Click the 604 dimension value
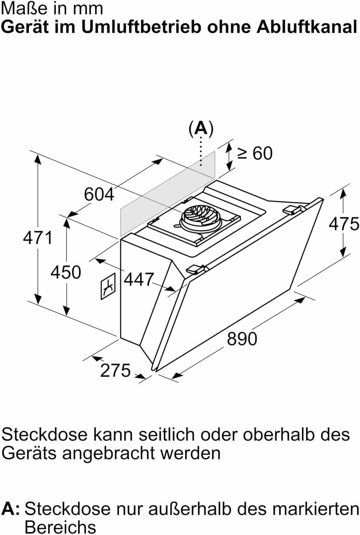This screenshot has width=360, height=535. (99, 194)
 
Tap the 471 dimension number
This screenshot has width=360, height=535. (38, 238)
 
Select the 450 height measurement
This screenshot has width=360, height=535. (66, 272)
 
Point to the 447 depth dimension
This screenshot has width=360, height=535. (138, 280)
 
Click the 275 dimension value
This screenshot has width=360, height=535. (115, 371)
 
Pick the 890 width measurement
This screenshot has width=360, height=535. (242, 339)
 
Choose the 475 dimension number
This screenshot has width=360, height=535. (344, 224)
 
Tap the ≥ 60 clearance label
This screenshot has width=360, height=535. (255, 153)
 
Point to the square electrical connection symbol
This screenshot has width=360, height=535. (107, 286)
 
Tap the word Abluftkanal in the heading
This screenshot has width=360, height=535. (306, 27)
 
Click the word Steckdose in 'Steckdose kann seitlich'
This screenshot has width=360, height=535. (44, 434)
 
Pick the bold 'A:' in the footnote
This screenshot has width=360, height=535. (11, 509)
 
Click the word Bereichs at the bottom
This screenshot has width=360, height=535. (60, 527)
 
